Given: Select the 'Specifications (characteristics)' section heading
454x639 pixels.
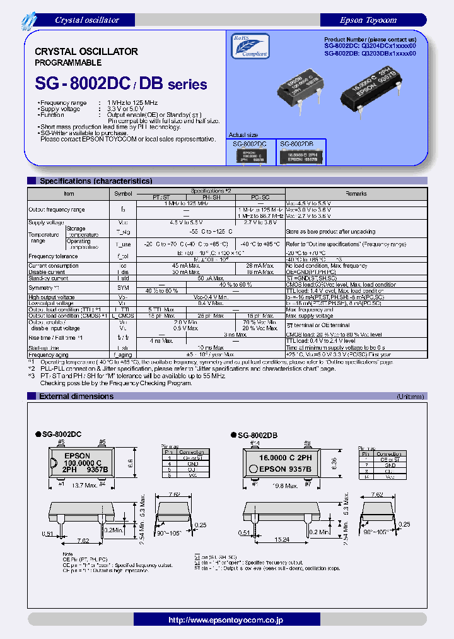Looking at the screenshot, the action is (95, 181).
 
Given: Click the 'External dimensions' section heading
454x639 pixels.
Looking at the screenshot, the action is (76, 396).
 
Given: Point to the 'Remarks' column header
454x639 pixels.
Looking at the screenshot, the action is (356, 194).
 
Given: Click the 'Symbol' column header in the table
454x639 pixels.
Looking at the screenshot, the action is (123, 194).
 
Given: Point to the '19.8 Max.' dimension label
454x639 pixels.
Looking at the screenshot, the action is (285, 486).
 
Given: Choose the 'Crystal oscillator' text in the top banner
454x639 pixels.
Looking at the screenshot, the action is (87, 20).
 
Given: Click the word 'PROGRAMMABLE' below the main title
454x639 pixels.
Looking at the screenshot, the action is (64, 63).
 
